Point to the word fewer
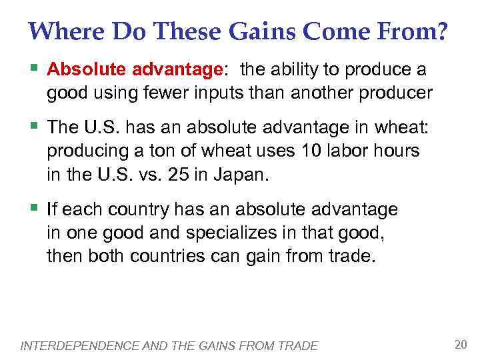(181, 93)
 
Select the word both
(102, 257)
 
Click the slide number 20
(460, 344)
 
